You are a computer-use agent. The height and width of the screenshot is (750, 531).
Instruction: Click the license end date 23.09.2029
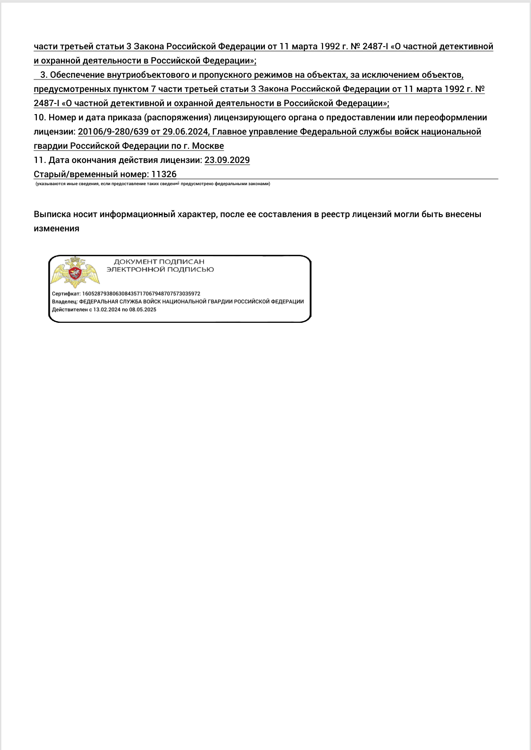[227, 160]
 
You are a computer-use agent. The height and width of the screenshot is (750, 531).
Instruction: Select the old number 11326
[164, 175]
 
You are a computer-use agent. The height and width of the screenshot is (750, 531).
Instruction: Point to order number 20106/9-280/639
[113, 132]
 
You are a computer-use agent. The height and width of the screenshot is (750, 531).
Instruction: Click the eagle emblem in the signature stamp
[75, 272]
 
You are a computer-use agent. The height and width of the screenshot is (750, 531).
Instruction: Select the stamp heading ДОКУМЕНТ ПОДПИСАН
[159, 262]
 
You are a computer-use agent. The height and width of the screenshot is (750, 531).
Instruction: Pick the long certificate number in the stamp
[141, 294]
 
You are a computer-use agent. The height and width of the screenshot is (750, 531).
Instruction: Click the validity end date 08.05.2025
[143, 310]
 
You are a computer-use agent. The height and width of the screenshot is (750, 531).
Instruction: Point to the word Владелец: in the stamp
[64, 302]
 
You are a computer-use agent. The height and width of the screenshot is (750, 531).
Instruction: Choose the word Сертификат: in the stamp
[66, 294]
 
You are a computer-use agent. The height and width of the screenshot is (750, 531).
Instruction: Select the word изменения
[56, 229]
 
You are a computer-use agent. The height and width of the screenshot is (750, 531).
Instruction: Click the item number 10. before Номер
[40, 118]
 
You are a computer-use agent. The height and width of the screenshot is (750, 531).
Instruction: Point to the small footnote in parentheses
[153, 184]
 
